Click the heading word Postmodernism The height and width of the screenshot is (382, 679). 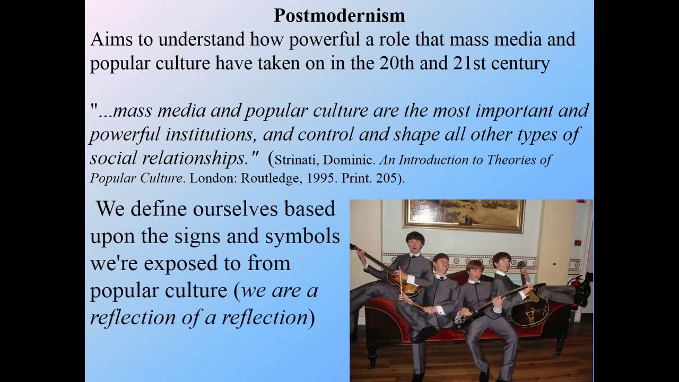coord(339,15)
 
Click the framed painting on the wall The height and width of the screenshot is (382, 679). coord(464,215)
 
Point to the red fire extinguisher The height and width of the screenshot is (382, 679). coord(587,280)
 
